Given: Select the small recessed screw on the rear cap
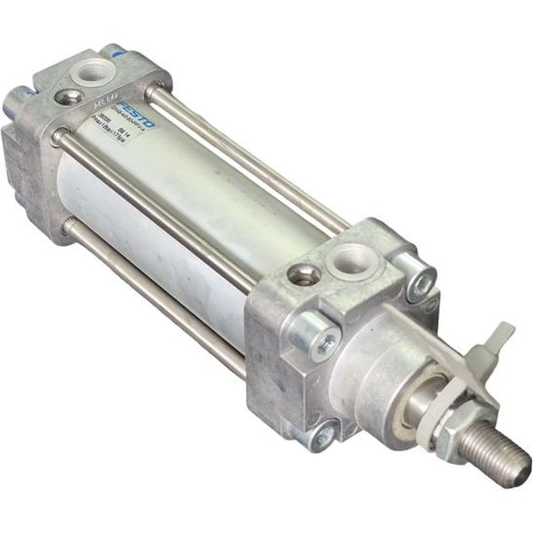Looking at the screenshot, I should coord(68,97).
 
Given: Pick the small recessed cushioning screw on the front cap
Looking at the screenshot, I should coord(304,275).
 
